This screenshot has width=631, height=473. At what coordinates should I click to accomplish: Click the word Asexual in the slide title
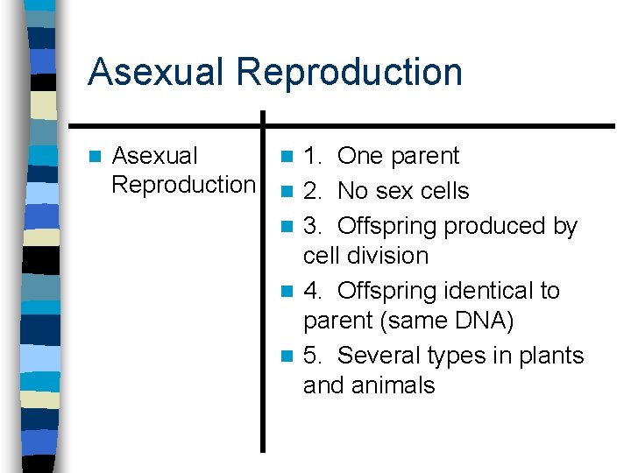[156, 72]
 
